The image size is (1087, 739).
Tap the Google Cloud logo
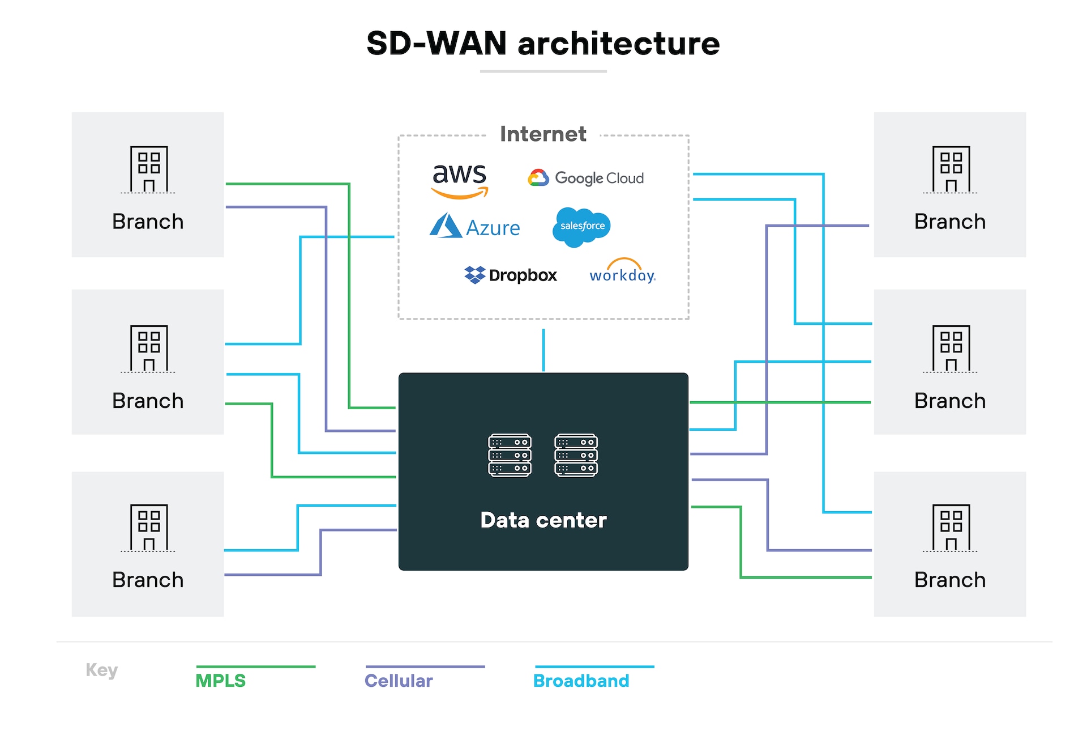(586, 178)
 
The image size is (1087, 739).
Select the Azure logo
(474, 227)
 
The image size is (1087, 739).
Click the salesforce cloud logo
(581, 226)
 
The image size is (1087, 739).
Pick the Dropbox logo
(510, 275)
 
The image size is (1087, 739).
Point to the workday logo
(622, 273)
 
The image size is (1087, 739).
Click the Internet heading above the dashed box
(543, 134)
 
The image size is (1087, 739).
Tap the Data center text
(543, 520)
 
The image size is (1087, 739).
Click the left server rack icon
(510, 455)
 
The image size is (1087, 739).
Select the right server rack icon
(576, 455)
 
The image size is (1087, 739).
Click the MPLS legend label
(220, 680)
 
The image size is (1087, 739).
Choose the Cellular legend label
(399, 680)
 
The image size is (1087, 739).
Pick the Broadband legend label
(581, 680)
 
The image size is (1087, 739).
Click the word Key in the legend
(101, 670)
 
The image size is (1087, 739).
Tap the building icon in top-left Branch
(148, 169)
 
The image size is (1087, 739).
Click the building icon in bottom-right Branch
(951, 528)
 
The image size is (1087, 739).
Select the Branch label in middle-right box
(949, 401)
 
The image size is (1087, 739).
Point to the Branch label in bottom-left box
(148, 580)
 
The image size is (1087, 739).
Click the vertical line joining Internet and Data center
(543, 350)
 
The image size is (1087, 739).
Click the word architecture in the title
(618, 44)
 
